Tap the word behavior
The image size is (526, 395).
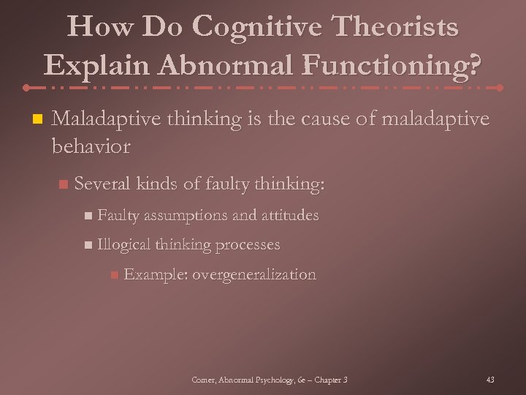click(91, 146)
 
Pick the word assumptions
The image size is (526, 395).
click(186, 215)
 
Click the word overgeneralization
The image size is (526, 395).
click(254, 275)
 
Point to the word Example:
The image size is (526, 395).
click(156, 275)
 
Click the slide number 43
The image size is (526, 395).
click(490, 380)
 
